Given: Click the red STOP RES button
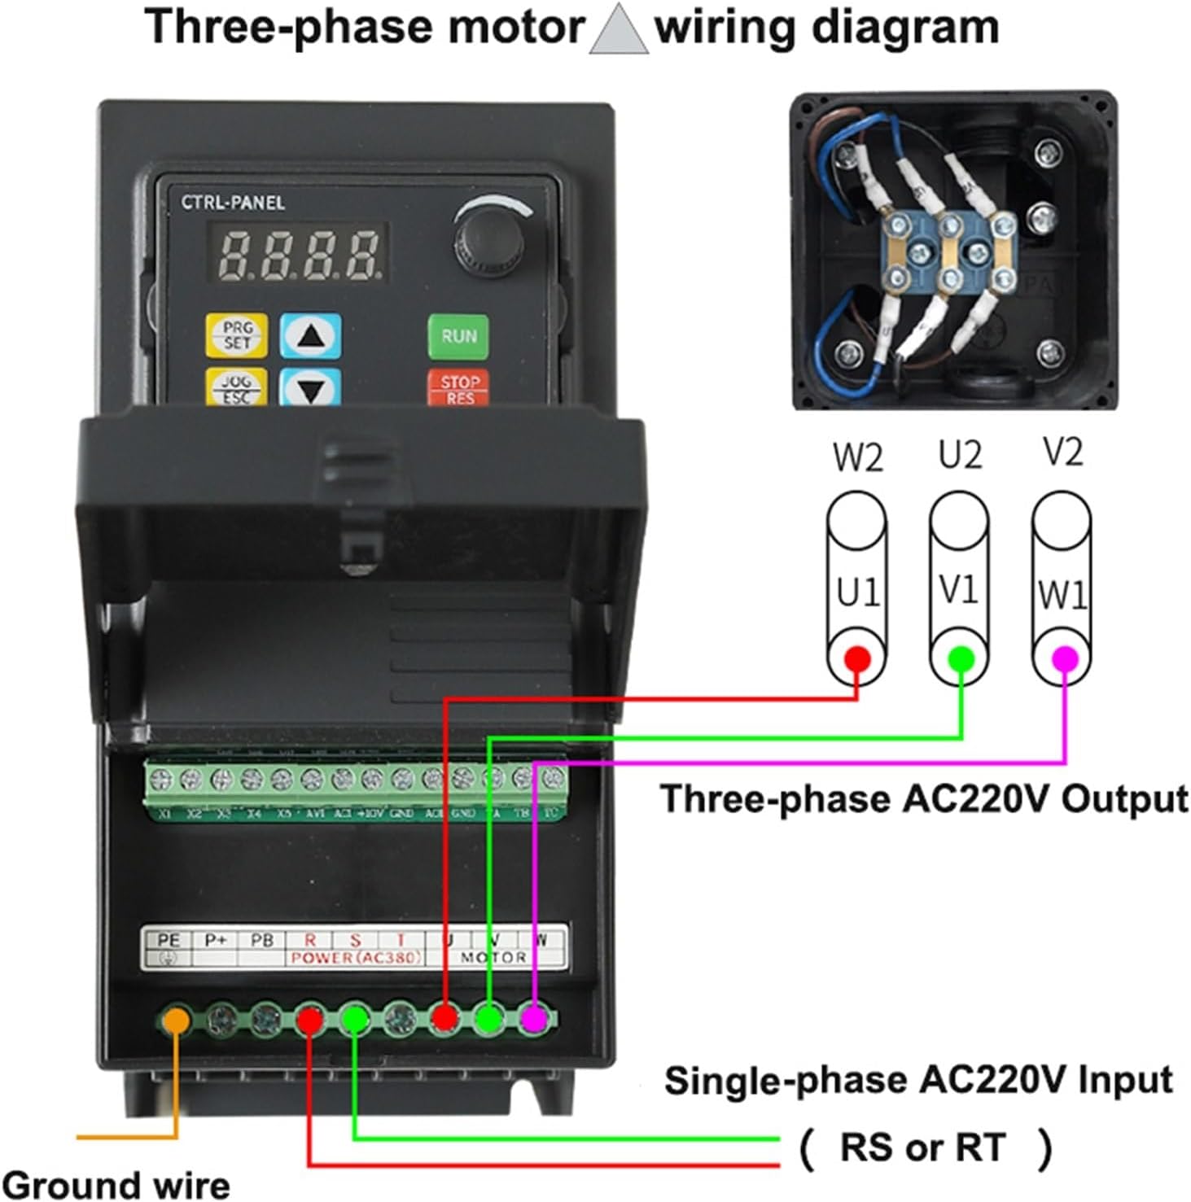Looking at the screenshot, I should coord(458,387).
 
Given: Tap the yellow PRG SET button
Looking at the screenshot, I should coord(236,335).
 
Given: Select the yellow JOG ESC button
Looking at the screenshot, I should coord(236,387).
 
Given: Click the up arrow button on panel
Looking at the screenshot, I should coord(311,335).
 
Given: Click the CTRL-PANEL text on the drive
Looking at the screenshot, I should coord(233,202).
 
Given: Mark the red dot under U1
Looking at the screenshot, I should coord(856,658).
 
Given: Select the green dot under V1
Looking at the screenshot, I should coord(961,658).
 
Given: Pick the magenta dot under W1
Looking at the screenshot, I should coord(1064,658).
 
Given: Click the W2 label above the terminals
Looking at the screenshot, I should coord(857,457).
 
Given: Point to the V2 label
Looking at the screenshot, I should coord(1062,452).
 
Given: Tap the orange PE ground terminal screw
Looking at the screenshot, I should coord(177,1018).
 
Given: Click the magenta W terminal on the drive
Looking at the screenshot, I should coord(533,1017).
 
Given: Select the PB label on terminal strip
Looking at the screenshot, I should coord(261,941).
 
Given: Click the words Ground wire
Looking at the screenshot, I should coord(116,1184).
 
